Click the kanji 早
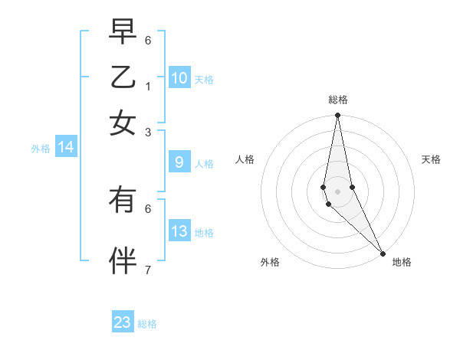pyautogui.click(x=123, y=31)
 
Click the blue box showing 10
pyautogui.click(x=179, y=77)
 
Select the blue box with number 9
pyautogui.click(x=179, y=162)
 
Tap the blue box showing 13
pyautogui.click(x=179, y=231)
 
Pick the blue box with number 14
pyautogui.click(x=66, y=147)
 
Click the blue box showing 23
pyautogui.click(x=123, y=322)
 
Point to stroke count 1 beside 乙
pyautogui.click(x=148, y=86)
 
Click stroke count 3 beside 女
pyautogui.click(x=148, y=132)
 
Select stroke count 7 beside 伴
pyautogui.click(x=148, y=270)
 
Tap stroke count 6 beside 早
pyautogui.click(x=148, y=40)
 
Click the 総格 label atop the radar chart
pyautogui.click(x=337, y=100)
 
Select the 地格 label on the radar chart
pyautogui.click(x=402, y=262)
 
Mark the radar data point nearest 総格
pyautogui.click(x=337, y=116)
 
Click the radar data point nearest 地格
pyautogui.click(x=383, y=253)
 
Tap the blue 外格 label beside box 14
pyautogui.click(x=41, y=149)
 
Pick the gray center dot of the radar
pyautogui.click(x=337, y=191)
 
